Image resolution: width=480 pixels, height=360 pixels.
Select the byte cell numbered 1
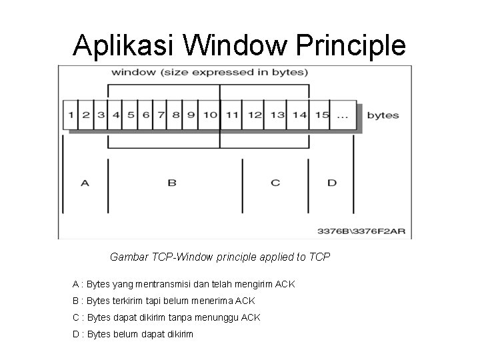click(71, 115)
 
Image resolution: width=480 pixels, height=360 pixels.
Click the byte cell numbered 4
click(116, 115)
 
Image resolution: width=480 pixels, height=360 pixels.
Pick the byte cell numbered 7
click(161, 115)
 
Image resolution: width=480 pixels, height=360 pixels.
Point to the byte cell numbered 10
click(210, 115)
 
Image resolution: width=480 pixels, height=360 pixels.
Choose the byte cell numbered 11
click(232, 115)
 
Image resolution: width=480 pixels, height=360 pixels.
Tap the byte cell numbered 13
click(277, 115)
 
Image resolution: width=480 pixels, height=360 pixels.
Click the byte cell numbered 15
click(322, 115)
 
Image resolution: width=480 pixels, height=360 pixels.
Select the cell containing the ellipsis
click(343, 115)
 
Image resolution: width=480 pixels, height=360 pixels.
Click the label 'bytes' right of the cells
click(383, 115)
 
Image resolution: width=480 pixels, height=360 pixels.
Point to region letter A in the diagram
click(85, 182)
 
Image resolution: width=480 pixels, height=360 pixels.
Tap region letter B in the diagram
click(172, 182)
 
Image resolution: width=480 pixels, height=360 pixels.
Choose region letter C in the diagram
click(275, 182)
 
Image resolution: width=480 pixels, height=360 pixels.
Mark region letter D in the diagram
click(332, 182)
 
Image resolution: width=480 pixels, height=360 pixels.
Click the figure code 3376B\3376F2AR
click(361, 233)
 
